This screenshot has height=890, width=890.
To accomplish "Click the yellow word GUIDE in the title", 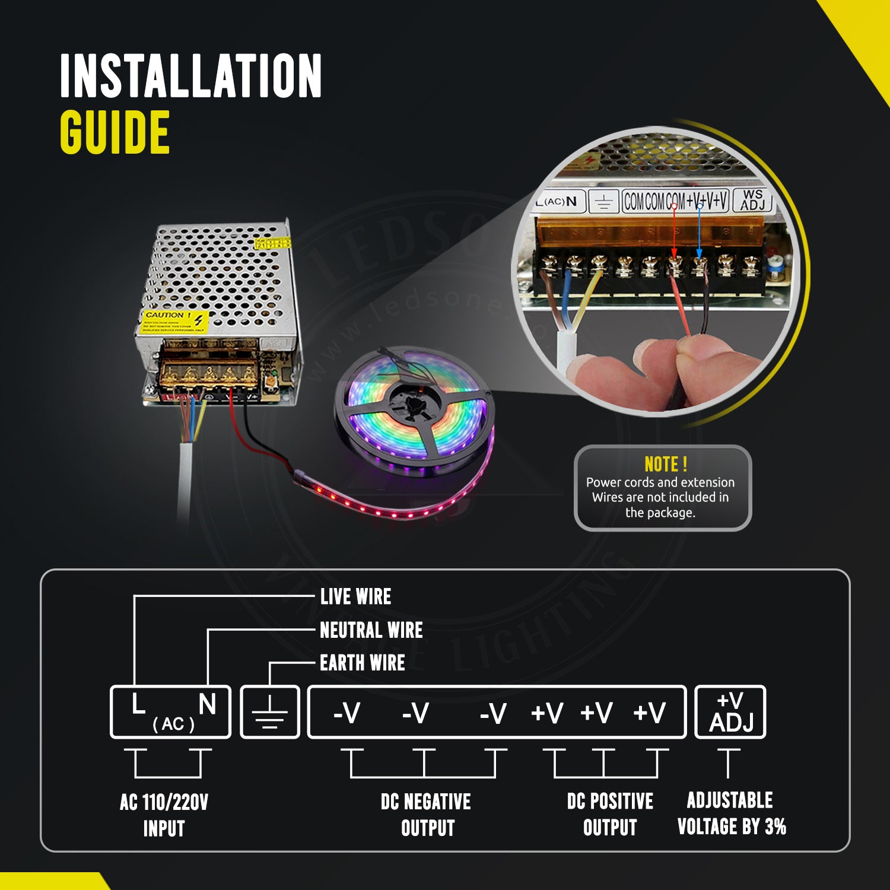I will click(115, 132).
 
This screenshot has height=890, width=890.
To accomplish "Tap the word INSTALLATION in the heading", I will click(190, 75).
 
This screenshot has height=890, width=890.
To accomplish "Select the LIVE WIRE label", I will click(355, 596).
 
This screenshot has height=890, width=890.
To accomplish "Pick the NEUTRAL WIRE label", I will click(371, 630).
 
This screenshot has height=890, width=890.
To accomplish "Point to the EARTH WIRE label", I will click(362, 663).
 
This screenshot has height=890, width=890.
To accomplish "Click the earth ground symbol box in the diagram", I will click(270, 712).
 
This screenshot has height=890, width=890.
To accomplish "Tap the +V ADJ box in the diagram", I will click(730, 712).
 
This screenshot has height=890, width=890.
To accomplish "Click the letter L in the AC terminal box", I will click(138, 705).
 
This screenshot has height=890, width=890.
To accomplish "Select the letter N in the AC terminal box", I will click(207, 705).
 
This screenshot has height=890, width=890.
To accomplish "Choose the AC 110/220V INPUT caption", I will click(164, 815).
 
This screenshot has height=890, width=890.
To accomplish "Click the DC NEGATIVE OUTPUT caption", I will click(426, 815).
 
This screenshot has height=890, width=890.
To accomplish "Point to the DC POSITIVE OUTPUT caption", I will click(610, 814).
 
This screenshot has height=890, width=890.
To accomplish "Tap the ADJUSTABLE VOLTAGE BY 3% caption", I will click(731, 813).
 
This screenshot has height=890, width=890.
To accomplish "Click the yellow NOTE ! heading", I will click(666, 463).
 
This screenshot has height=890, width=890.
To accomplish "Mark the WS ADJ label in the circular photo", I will click(752, 200).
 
